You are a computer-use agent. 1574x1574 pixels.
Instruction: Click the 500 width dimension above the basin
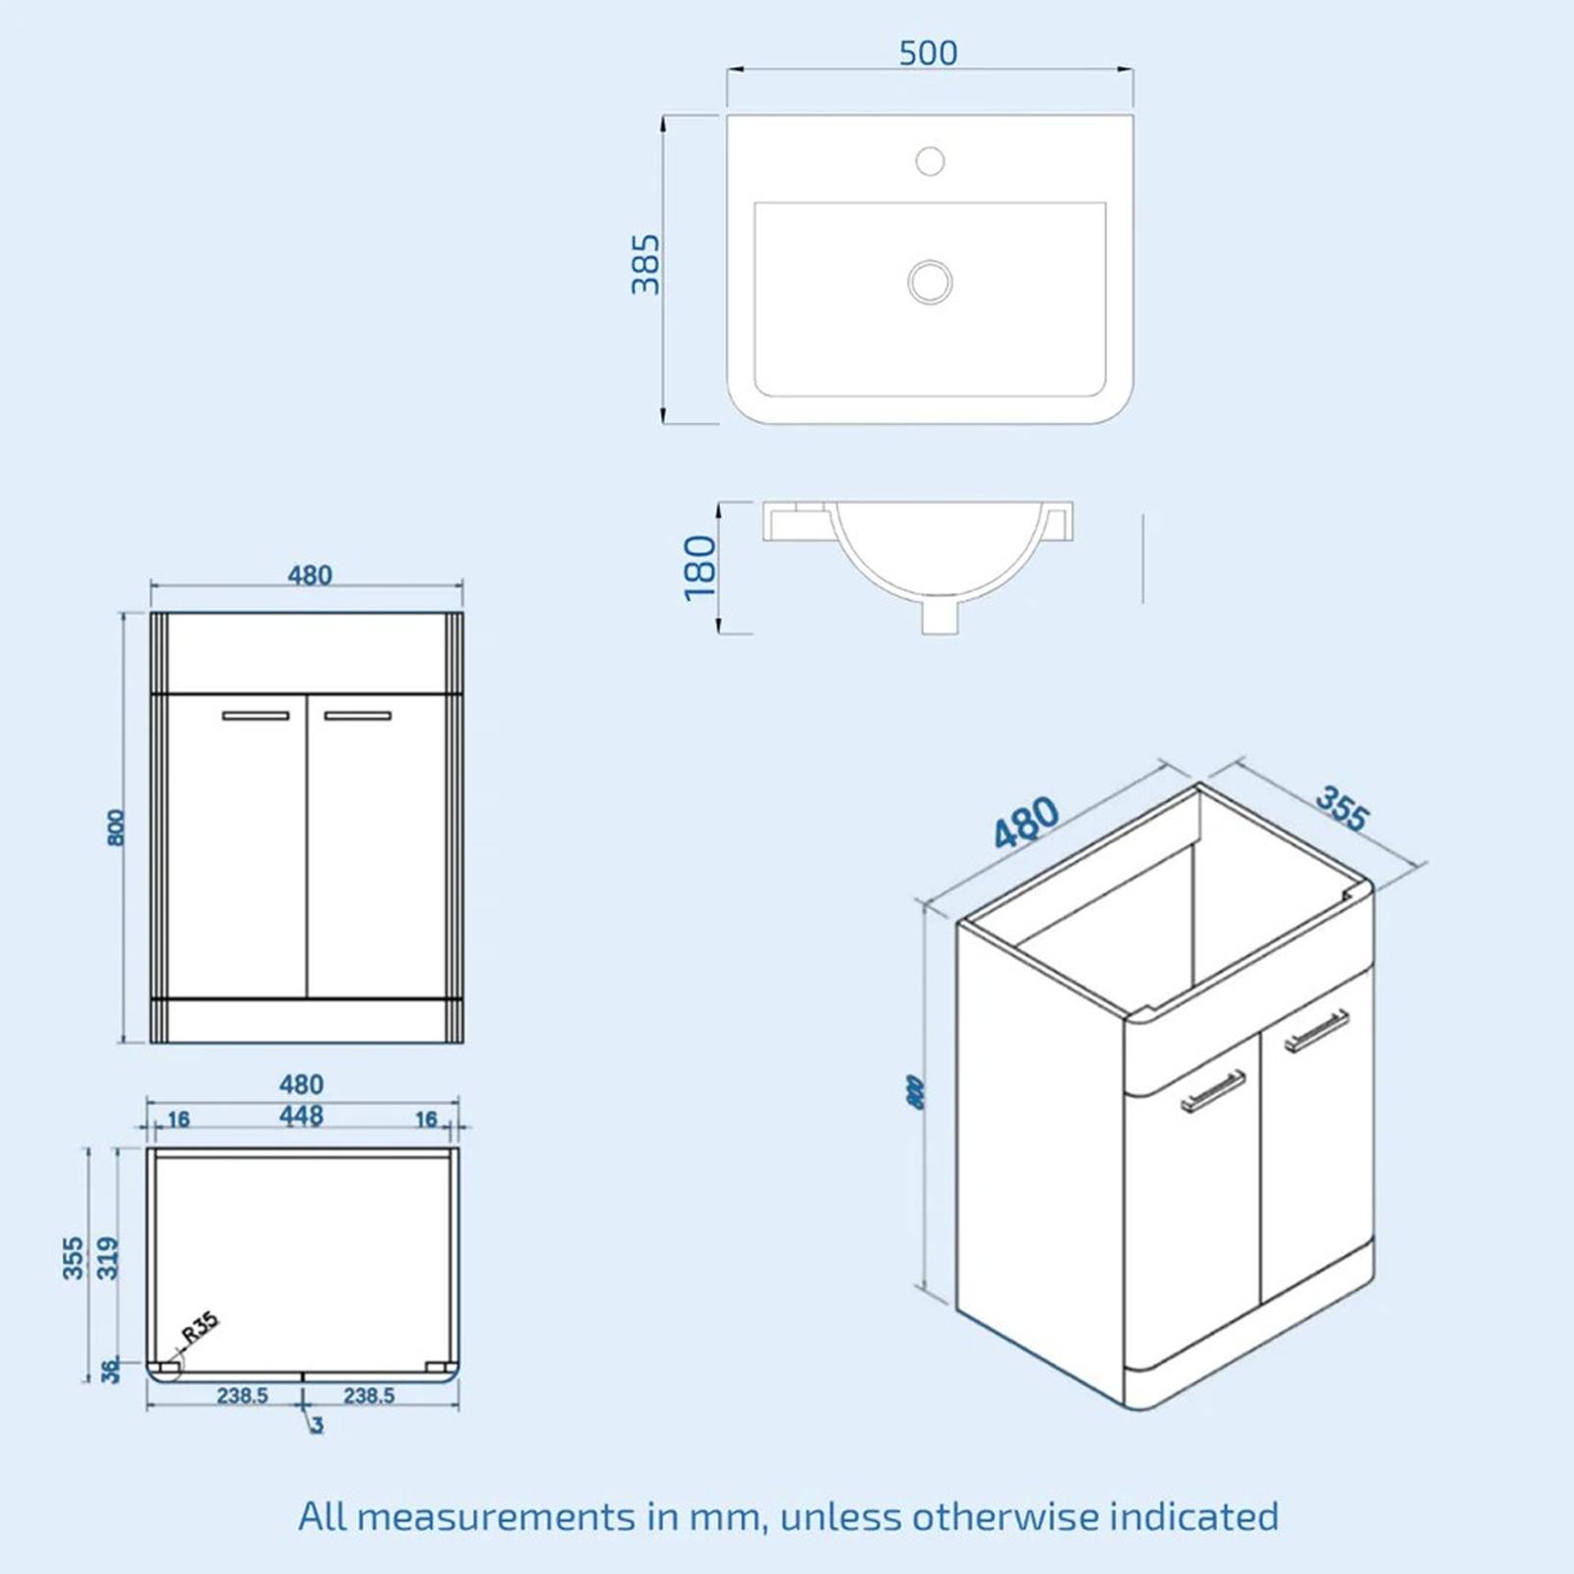tap(928, 53)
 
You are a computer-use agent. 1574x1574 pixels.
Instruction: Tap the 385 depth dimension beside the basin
tap(646, 264)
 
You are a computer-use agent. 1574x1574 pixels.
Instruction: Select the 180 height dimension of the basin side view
tap(699, 568)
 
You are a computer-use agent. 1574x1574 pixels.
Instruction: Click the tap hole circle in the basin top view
tap(930, 160)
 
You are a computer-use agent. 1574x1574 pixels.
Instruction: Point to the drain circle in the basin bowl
tap(930, 282)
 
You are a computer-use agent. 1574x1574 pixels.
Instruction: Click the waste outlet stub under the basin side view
tap(939, 617)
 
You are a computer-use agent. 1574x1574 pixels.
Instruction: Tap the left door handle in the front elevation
tap(256, 716)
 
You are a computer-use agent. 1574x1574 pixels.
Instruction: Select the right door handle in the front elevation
tap(358, 716)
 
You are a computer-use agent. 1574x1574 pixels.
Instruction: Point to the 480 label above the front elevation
tap(309, 575)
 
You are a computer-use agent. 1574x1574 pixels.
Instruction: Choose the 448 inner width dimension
tap(301, 1117)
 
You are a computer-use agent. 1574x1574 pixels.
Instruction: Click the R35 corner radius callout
tap(200, 1330)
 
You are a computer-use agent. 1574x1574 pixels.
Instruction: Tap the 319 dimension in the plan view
tap(108, 1258)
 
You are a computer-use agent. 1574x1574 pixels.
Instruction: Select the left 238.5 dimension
tap(242, 1396)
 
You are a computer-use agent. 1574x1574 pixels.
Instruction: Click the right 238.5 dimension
tap(369, 1396)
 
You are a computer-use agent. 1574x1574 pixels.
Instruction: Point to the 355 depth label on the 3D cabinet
tap(1342, 809)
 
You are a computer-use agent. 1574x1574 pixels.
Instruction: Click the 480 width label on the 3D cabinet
tap(1026, 822)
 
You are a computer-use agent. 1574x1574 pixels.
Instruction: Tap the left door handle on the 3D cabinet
tap(1212, 1090)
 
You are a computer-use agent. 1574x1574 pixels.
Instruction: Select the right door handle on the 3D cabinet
tap(1317, 1030)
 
